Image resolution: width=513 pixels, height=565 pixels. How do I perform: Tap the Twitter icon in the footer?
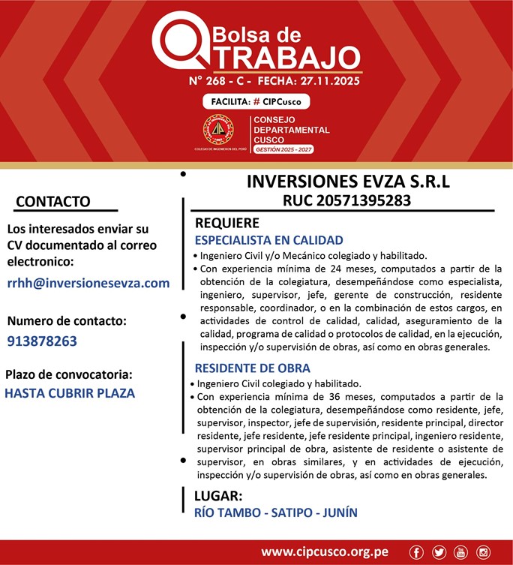(439, 552)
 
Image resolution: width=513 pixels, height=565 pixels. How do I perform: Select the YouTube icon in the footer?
(461, 552)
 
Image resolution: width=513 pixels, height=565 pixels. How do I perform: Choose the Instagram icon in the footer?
(484, 552)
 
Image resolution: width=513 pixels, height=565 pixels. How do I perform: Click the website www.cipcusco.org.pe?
(325, 552)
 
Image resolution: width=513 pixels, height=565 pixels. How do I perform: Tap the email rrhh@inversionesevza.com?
(88, 283)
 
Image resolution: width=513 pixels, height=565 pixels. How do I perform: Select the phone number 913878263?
(42, 341)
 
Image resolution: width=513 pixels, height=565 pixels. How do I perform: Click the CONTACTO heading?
(52, 201)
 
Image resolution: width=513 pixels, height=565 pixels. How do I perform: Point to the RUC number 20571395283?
(346, 200)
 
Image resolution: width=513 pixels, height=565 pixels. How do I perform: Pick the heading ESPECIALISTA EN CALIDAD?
(268, 240)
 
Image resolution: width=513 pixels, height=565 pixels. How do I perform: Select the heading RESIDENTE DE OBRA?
(252, 368)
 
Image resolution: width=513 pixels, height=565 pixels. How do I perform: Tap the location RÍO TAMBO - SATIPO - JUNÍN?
(275, 513)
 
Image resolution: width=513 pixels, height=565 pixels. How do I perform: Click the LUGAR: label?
(217, 496)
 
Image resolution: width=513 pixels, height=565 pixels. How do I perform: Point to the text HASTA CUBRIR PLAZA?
(70, 392)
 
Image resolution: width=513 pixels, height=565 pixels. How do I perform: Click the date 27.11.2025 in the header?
(330, 79)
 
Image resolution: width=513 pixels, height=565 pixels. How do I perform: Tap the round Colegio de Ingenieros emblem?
(218, 130)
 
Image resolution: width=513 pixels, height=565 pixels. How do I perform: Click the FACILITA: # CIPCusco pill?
(256, 101)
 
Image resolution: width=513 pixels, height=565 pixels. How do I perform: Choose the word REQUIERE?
(226, 223)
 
